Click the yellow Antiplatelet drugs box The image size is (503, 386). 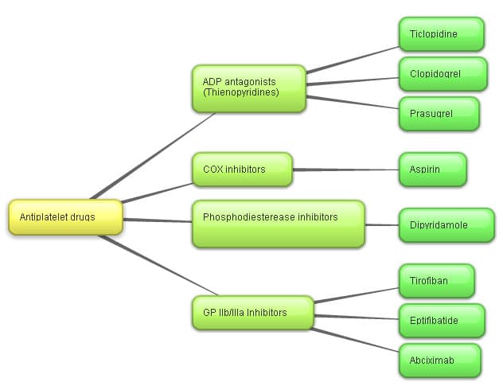tap(65, 217)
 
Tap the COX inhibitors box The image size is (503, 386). tap(241, 170)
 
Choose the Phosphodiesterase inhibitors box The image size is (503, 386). tap(278, 224)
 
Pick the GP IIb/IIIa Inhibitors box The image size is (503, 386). tap(251, 313)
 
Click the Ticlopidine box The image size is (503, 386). tap(441, 34)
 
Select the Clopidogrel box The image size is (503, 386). tap(441, 74)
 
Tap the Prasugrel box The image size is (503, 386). tap(439, 113)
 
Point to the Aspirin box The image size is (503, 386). tap(432, 170)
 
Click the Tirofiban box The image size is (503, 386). tap(436, 281)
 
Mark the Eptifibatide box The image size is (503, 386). tap(441, 321)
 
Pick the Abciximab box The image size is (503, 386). tap(439, 361)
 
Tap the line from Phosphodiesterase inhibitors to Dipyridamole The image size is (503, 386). tap(381, 224)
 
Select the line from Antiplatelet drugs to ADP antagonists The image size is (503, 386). tap(151, 155)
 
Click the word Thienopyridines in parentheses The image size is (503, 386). tap(241, 92)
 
